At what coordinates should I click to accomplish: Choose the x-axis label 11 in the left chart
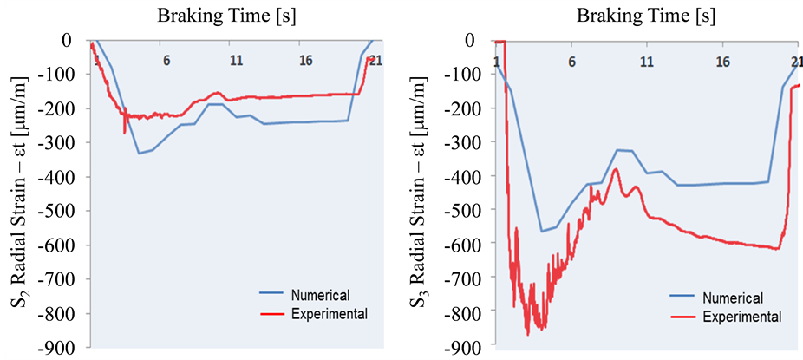pyautogui.click(x=236, y=61)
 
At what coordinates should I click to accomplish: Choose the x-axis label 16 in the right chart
pyautogui.click(x=721, y=62)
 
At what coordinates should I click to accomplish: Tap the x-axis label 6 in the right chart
pyautogui.click(x=571, y=62)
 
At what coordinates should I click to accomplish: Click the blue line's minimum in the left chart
pyautogui.click(x=139, y=154)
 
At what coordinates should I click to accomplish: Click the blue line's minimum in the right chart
pyautogui.click(x=541, y=232)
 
